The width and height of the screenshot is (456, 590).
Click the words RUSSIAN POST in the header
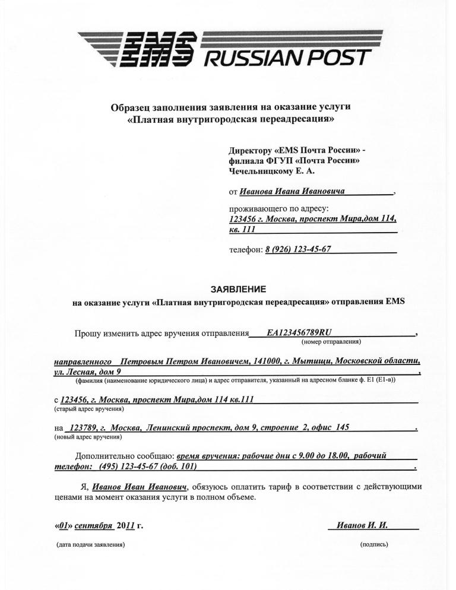288,58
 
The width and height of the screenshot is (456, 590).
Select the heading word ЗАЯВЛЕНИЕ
238,289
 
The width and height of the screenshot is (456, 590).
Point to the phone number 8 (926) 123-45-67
297,249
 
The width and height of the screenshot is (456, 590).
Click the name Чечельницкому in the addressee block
259,171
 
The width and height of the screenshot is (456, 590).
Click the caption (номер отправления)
331,342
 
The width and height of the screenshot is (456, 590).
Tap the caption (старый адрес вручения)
88,409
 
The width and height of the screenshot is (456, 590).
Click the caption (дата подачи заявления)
90,544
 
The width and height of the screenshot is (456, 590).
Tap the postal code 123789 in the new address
82,427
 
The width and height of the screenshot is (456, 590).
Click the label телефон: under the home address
246,250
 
